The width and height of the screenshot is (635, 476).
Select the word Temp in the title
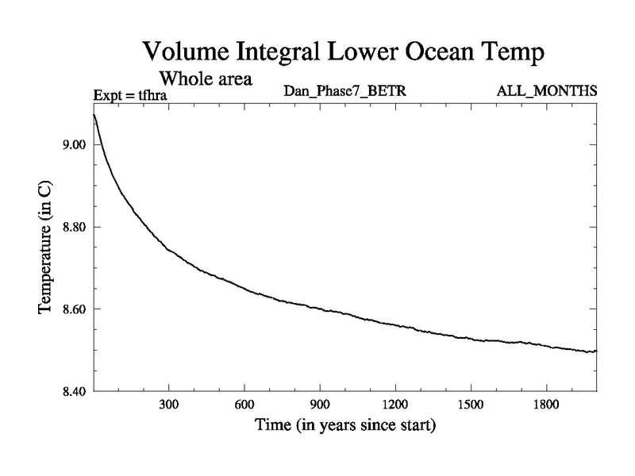click(x=514, y=54)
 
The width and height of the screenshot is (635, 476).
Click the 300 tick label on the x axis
click(x=169, y=405)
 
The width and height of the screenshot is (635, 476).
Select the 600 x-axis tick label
click(x=244, y=405)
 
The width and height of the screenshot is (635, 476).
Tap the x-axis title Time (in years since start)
click(x=345, y=426)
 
